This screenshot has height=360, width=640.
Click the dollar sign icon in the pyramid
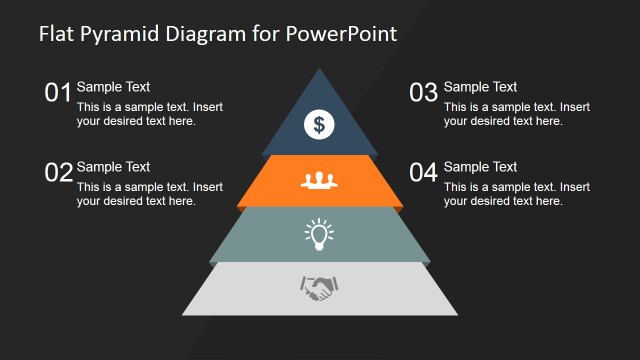point(319,124)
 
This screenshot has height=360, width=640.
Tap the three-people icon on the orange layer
point(319,181)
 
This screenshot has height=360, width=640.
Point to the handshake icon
point(319,290)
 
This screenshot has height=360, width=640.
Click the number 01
point(58,94)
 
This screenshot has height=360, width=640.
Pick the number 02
point(58,173)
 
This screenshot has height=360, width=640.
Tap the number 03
point(424,94)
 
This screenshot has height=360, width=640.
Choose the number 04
point(424,173)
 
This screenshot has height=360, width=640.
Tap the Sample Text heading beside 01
point(113,87)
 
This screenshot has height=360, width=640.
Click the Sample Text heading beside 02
point(113,167)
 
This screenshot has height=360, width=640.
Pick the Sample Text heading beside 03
point(480,87)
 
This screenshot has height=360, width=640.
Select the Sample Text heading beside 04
point(480,167)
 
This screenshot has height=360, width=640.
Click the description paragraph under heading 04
point(516,194)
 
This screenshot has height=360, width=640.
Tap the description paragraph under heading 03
point(516,114)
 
